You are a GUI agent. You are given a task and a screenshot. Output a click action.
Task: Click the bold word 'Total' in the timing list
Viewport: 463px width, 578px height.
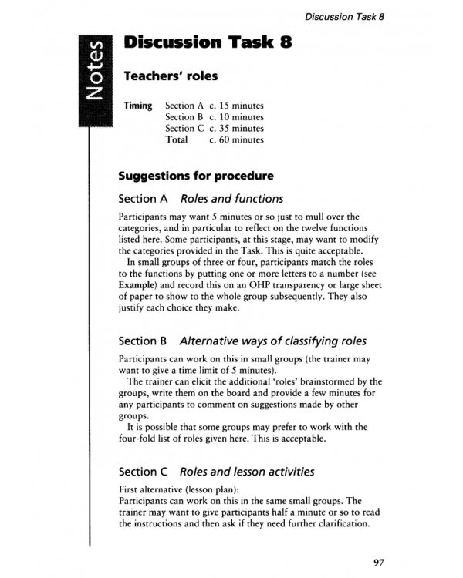177,140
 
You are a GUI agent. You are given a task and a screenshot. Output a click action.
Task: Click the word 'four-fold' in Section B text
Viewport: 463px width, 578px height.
141,440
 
